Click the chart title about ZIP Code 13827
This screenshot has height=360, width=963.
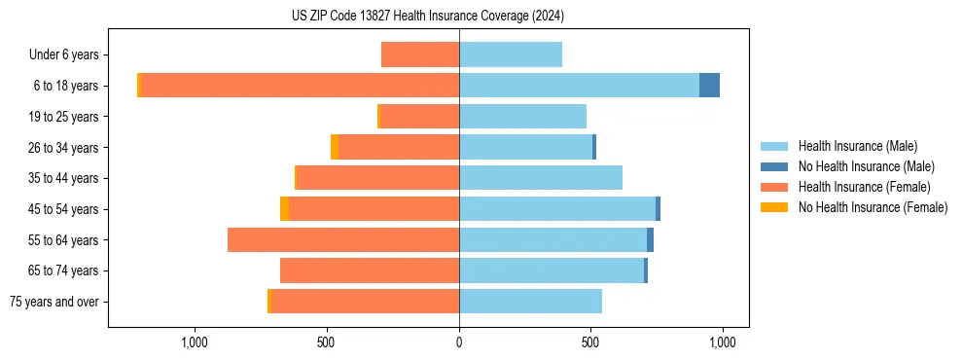click(428, 17)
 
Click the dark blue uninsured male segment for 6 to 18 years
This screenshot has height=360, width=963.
click(709, 86)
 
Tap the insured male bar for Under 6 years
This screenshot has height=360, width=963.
click(511, 54)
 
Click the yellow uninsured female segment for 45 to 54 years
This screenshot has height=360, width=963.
click(284, 209)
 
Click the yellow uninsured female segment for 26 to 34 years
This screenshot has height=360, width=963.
click(335, 147)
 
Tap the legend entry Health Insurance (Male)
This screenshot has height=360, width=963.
click(856, 146)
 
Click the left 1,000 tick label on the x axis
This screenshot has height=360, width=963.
click(195, 342)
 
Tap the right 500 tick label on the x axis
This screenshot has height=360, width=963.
click(590, 342)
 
